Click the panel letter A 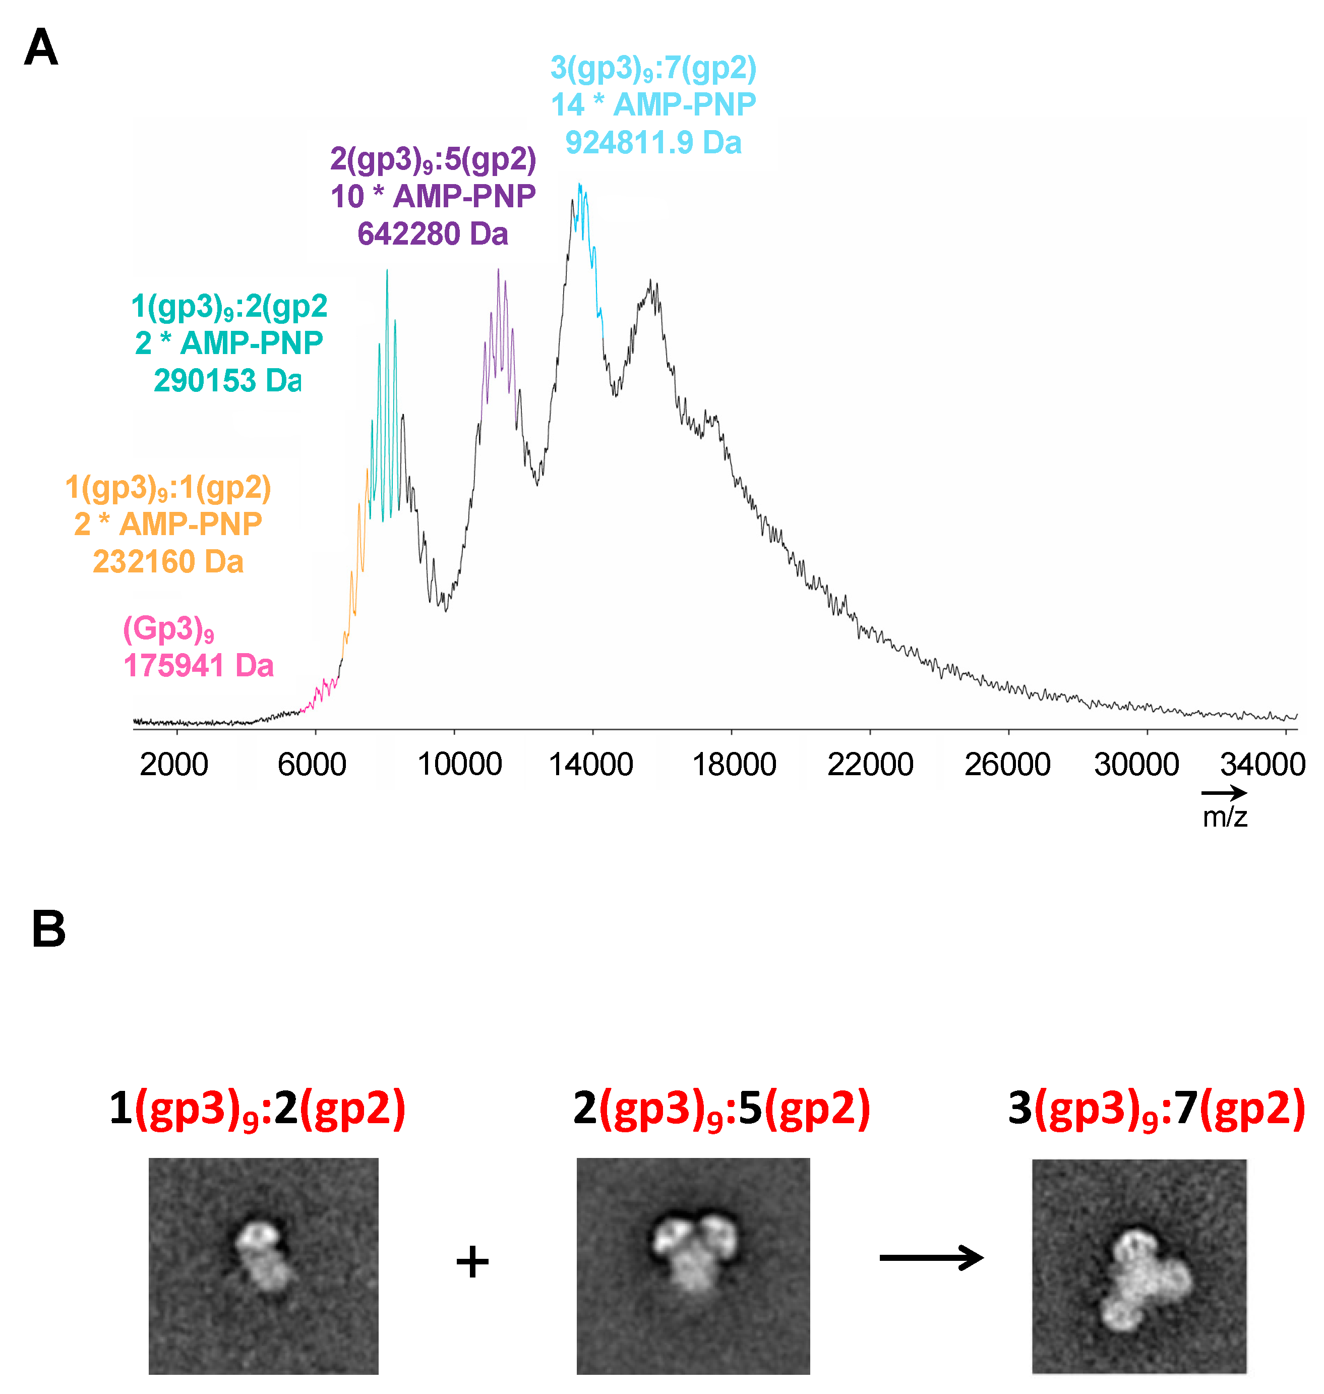(40, 47)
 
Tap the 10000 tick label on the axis (459, 765)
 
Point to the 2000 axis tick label (173, 765)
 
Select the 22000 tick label (870, 765)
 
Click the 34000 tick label (1262, 765)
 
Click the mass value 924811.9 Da (653, 143)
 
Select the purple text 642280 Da (433, 234)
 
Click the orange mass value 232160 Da (168, 562)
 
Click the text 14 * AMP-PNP (653, 104)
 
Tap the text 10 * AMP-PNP (433, 196)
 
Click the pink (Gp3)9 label (169, 628)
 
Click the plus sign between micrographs (472, 1261)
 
